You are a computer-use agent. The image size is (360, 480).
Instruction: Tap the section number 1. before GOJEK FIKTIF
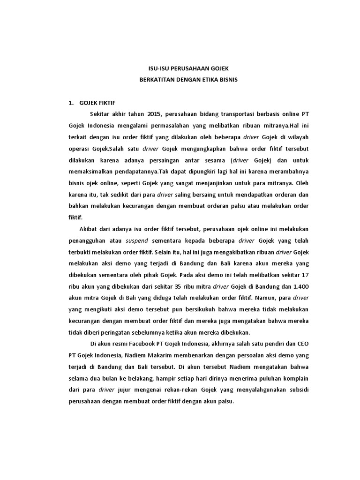[71, 102]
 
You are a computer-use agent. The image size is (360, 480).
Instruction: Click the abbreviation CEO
[302, 343]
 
